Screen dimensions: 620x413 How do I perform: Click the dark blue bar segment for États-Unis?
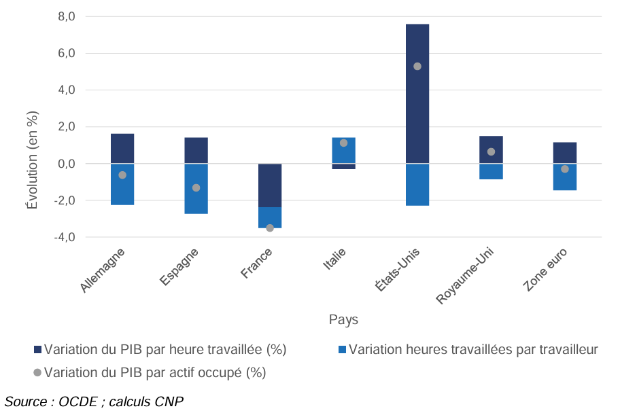click(417, 94)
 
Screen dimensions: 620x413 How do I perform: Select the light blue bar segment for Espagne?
click(196, 189)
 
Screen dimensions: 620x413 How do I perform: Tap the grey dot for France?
click(270, 228)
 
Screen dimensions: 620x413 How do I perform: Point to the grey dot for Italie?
click(343, 143)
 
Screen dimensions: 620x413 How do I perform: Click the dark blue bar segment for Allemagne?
click(122, 149)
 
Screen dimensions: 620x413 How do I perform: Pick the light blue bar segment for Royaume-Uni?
click(491, 172)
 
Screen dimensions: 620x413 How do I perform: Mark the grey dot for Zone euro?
click(565, 169)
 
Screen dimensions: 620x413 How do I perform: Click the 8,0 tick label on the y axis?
click(67, 16)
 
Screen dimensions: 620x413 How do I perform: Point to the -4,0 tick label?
click(65, 237)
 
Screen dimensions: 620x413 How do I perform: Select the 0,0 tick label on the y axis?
click(67, 164)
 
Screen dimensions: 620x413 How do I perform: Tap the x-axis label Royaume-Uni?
click(465, 276)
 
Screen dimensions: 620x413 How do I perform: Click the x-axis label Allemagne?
click(103, 270)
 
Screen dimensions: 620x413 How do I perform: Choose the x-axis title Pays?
click(343, 319)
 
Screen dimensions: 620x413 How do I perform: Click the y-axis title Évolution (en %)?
click(33, 160)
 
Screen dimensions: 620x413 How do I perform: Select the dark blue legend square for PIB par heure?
click(37, 350)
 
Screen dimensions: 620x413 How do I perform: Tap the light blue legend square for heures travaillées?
click(343, 350)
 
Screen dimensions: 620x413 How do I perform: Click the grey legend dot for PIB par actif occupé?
click(37, 373)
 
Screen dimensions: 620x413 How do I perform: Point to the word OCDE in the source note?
click(78, 401)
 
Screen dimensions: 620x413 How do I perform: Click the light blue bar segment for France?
click(270, 218)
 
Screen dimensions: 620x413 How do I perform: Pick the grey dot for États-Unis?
click(417, 67)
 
